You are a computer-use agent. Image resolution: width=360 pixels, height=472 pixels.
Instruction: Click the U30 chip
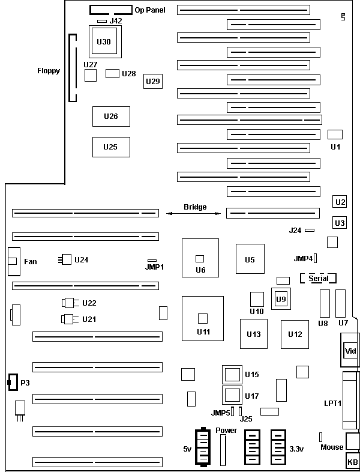[103, 41]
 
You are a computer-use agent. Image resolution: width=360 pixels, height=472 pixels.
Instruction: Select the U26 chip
[111, 116]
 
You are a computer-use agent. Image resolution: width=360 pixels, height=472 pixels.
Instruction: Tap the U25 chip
[111, 147]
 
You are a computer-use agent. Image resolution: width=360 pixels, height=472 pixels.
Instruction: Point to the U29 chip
[152, 81]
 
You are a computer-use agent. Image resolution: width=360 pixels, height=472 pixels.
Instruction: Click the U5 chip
[250, 259]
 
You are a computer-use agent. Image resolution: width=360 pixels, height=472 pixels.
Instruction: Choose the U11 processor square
[203, 318]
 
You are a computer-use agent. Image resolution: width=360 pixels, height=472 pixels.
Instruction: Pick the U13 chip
[254, 334]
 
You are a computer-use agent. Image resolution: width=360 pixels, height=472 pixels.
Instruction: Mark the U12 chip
[295, 334]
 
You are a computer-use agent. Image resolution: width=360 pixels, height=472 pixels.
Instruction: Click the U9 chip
[280, 298]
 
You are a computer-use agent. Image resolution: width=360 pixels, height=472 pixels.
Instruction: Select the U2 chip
[340, 202]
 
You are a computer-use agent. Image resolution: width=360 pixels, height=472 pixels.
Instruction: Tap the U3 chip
[340, 223]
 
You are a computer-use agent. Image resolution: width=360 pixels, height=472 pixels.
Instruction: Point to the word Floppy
[49, 71]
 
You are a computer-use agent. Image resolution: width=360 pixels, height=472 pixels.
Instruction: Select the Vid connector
[349, 351]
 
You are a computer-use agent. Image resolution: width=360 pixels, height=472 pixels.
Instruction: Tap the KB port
[352, 462]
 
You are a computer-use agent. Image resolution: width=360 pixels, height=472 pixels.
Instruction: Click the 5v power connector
[202, 447]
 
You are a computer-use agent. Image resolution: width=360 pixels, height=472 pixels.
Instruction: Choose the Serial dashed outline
[318, 279]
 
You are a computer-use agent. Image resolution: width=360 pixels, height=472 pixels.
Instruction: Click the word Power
[226, 431]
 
